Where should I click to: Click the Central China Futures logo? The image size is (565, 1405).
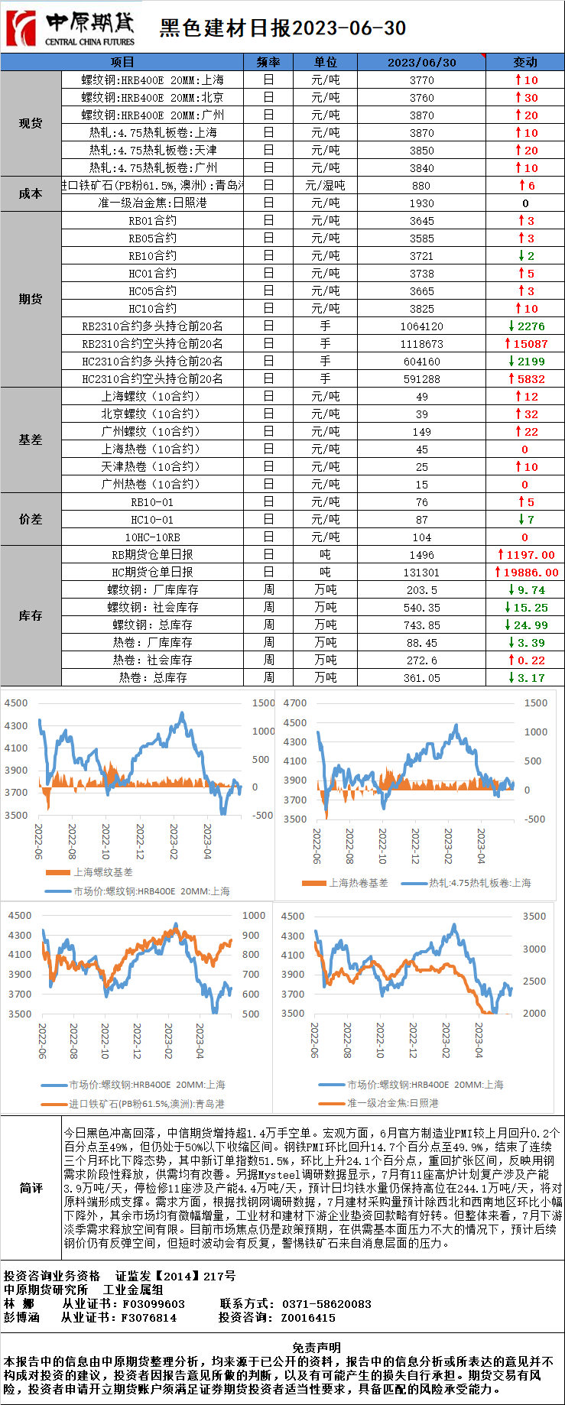point(70,28)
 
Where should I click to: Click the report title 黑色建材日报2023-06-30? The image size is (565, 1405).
point(282,28)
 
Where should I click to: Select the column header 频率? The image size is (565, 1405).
point(268,62)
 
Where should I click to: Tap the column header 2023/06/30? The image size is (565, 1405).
point(421,62)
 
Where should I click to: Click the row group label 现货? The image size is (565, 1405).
point(31,123)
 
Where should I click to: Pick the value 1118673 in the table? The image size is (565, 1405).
point(421,344)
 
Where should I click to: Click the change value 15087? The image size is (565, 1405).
point(526,344)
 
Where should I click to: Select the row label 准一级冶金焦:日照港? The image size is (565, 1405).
point(152,203)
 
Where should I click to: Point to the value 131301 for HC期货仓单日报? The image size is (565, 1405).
point(421,573)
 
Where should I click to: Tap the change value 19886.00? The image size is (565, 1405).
point(527,573)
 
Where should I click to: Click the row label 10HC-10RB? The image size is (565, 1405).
point(152,537)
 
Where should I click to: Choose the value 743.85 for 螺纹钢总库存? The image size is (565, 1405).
point(421,625)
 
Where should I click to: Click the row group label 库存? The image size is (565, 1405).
point(31,616)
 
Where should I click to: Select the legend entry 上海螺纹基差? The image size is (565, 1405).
point(102,872)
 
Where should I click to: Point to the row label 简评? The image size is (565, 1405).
point(31,1188)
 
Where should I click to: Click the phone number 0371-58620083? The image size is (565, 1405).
point(326,1304)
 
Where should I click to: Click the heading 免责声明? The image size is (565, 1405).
point(316,1348)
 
